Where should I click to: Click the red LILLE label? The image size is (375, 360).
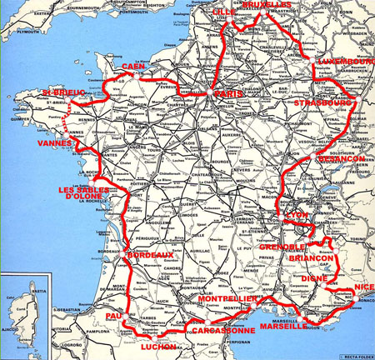[x=224, y=12]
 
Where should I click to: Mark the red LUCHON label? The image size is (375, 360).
[x=159, y=346]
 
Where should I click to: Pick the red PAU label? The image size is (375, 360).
[x=114, y=317]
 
